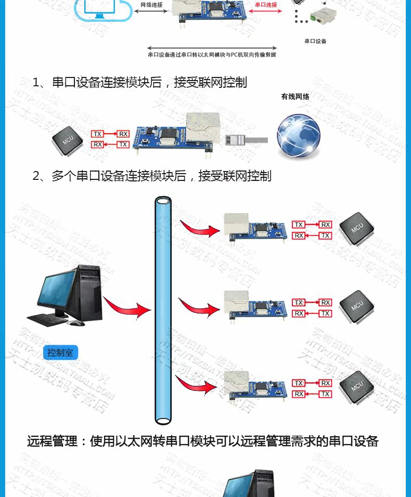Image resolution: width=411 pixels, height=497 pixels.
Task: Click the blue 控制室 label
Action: coord(60,353)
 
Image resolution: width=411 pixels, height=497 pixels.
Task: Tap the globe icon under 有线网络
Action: coord(298,136)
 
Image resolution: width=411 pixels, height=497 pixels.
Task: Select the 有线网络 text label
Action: coord(295,97)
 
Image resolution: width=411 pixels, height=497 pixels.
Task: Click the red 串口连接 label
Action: coord(266,5)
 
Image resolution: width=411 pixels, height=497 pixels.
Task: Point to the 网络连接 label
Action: coord(151,5)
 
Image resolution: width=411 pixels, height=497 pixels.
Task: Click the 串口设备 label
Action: coord(315,41)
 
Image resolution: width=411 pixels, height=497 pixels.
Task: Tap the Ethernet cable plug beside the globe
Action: coord(236,139)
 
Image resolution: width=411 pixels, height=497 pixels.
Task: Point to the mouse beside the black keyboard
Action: coord(76,323)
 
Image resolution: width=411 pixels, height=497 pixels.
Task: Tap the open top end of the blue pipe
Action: coord(163,201)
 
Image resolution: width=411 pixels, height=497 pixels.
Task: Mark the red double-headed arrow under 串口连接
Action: coord(266,11)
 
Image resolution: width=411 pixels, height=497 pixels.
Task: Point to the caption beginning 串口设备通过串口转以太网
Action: coord(212,55)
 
